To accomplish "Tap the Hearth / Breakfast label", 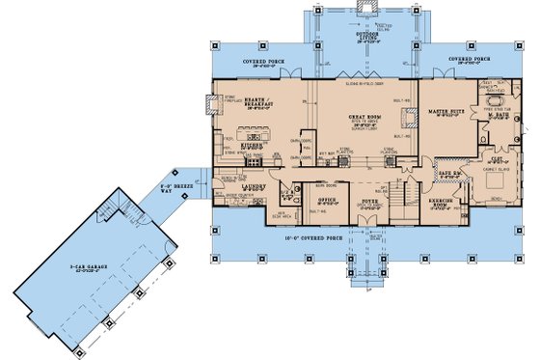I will pyautogui.click(x=254, y=102).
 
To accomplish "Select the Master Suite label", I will pyautogui.click(x=447, y=111).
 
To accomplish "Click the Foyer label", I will pyautogui.click(x=368, y=201).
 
